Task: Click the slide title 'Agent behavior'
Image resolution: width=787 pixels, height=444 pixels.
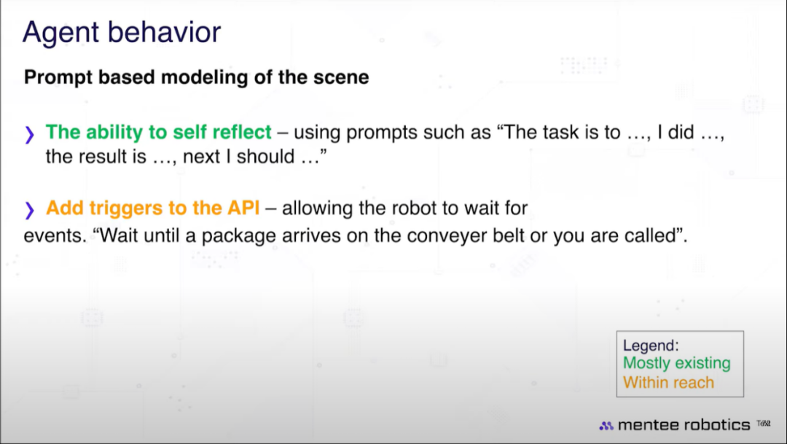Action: click(122, 33)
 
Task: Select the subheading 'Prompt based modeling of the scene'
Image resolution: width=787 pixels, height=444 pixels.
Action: click(196, 77)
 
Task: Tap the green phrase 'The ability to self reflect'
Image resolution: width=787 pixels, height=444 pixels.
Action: click(159, 132)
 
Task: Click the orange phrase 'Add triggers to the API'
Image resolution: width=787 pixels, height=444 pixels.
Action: click(152, 208)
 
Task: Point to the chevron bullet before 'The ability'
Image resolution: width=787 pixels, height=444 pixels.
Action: click(30, 135)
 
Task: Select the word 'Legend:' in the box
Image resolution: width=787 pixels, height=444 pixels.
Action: click(651, 346)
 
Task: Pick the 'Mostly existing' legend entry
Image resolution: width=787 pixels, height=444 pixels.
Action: click(676, 363)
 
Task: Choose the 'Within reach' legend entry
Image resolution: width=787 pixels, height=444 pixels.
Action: click(668, 383)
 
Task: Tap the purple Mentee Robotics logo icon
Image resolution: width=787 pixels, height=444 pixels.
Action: click(606, 426)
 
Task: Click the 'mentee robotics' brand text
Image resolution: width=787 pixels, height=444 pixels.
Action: click(684, 425)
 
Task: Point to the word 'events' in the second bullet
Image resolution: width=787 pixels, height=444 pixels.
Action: click(53, 235)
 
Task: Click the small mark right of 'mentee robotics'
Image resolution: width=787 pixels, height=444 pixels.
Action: click(764, 424)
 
